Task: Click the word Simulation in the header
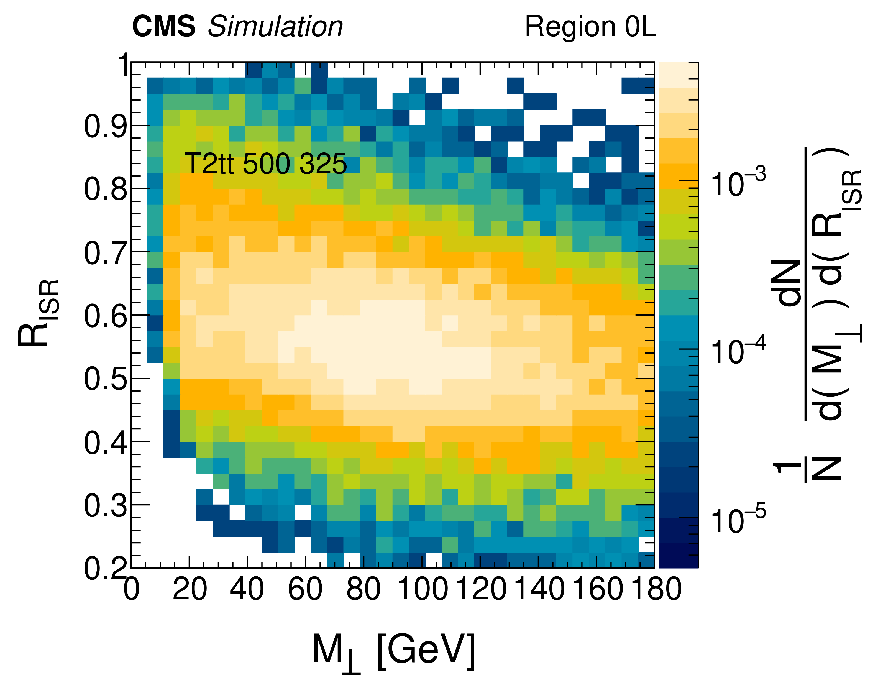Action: tap(275, 27)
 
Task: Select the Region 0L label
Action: tap(590, 27)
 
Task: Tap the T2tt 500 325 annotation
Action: tap(265, 164)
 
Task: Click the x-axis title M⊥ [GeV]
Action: tap(393, 651)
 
